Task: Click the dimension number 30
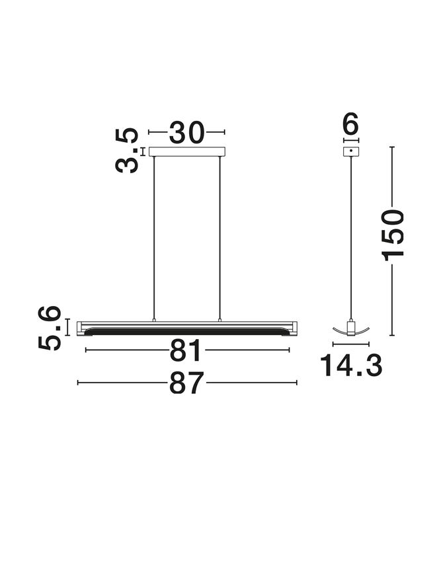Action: pyautogui.click(x=186, y=132)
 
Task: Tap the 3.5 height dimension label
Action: pyautogui.click(x=127, y=151)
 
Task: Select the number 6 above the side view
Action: pyautogui.click(x=351, y=124)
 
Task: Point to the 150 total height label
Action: pyautogui.click(x=393, y=235)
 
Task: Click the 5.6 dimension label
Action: pyautogui.click(x=50, y=328)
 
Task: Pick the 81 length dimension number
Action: pyautogui.click(x=186, y=350)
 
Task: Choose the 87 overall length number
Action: pyautogui.click(x=186, y=383)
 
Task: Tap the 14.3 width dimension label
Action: pyautogui.click(x=350, y=366)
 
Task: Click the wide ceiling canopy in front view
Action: pyautogui.click(x=187, y=151)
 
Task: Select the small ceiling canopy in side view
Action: pyautogui.click(x=351, y=151)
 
